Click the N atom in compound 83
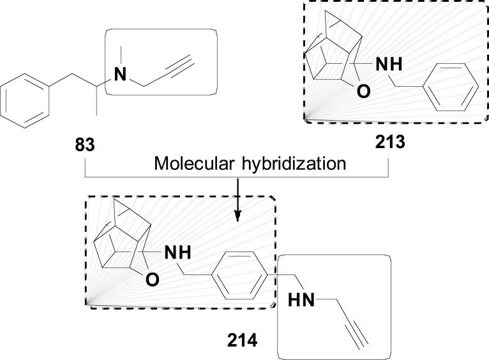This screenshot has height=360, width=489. point(119,75)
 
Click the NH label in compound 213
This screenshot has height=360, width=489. point(391,64)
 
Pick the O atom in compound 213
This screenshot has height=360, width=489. point(363,93)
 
